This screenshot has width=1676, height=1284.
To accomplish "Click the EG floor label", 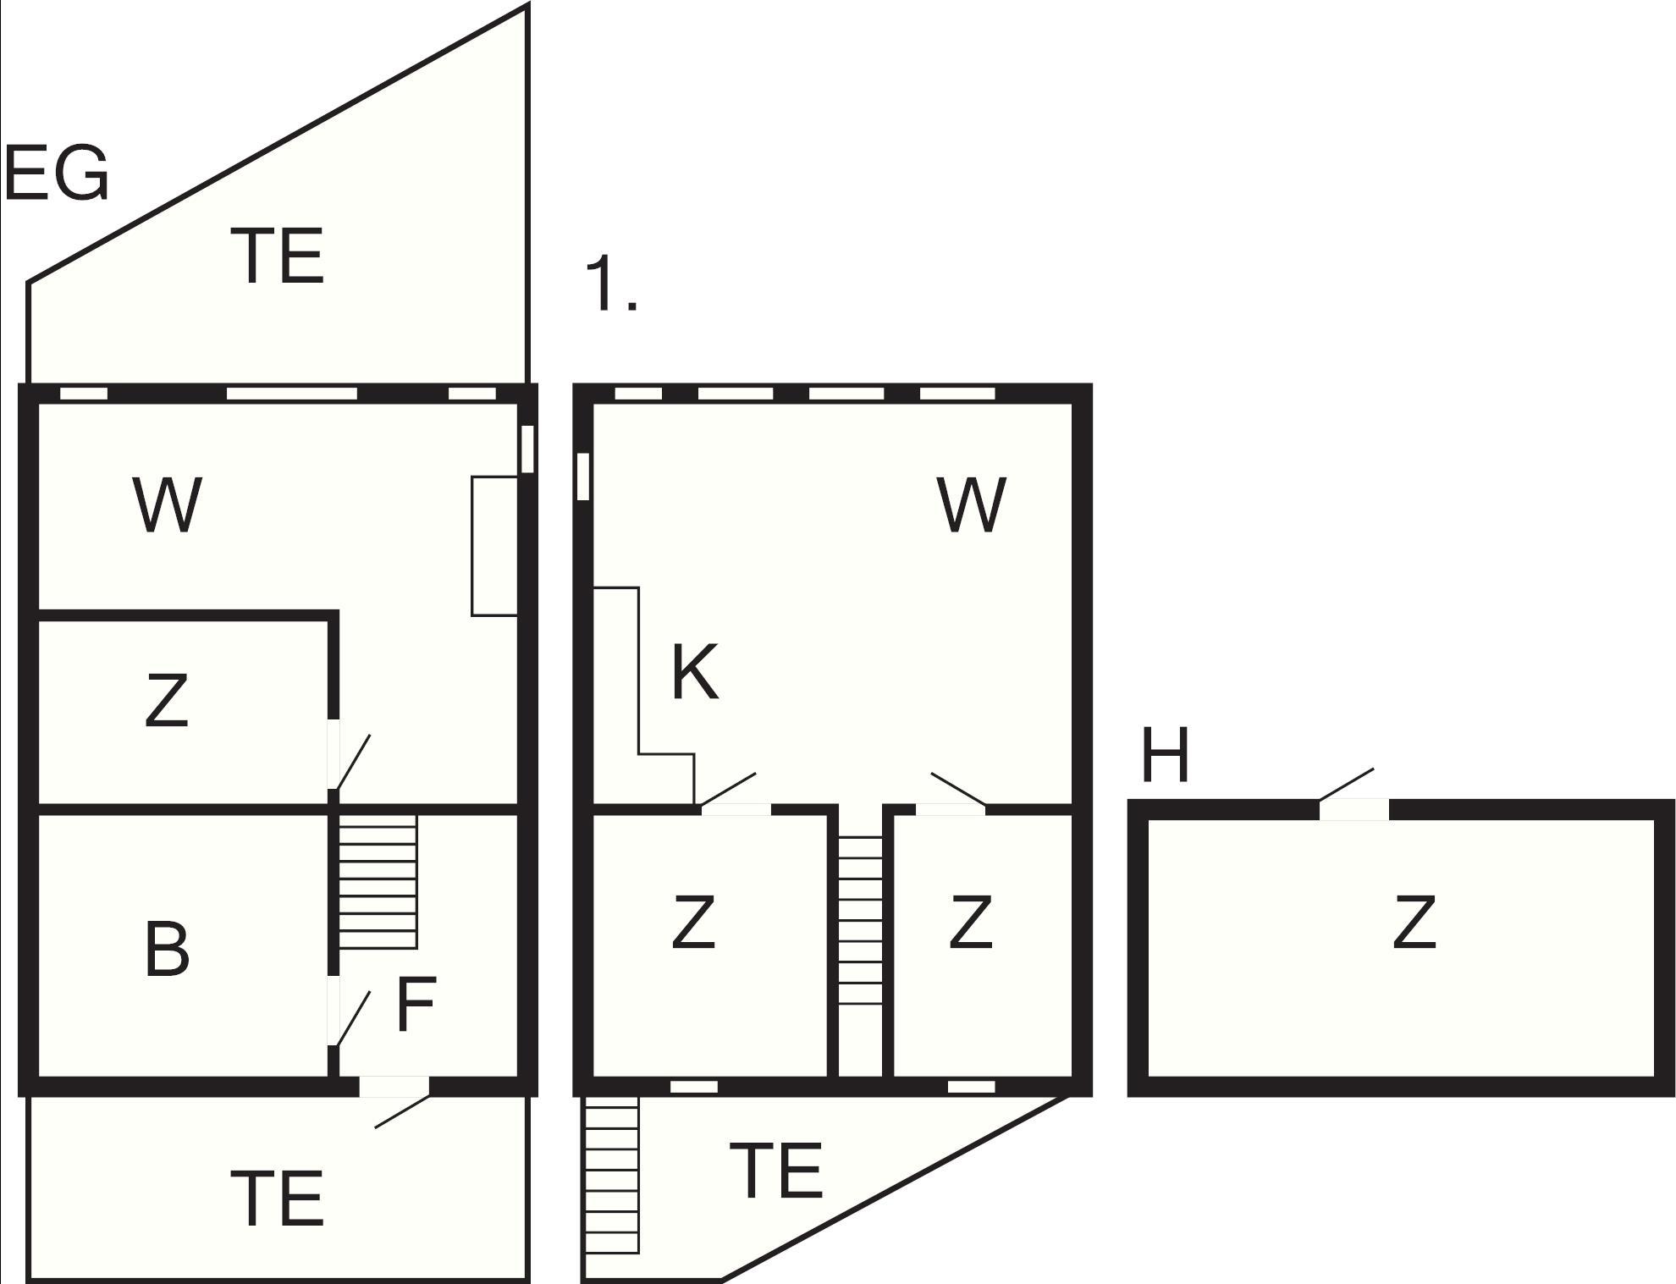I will [x=57, y=174].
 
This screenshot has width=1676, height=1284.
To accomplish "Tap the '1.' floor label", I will [x=610, y=285].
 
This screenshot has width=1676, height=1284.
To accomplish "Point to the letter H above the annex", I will [x=1166, y=755].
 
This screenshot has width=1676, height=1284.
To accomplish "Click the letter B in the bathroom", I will [x=167, y=950].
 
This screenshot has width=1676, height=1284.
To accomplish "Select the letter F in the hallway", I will [x=416, y=1004].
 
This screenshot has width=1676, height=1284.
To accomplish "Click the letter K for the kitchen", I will [x=695, y=673].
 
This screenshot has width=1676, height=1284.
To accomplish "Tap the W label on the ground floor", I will [x=168, y=505].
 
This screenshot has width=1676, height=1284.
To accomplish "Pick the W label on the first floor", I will [x=972, y=505].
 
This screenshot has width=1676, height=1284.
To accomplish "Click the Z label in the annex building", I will [x=1414, y=923].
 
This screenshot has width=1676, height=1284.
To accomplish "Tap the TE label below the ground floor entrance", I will [x=277, y=1199].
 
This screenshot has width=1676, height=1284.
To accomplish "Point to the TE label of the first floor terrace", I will [x=775, y=1171].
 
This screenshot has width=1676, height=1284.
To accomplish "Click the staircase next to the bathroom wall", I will [x=378, y=881].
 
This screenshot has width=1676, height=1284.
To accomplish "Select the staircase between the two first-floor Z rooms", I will [x=860, y=921].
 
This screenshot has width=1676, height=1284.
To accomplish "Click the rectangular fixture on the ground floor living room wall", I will [x=494, y=546].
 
